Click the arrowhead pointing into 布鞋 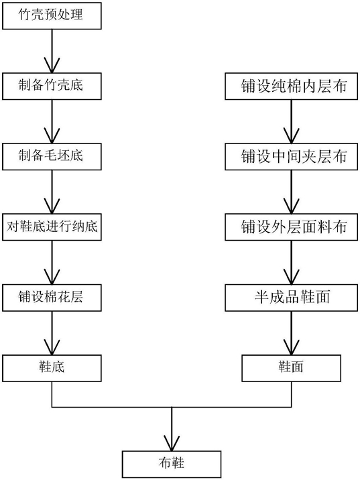[172, 443]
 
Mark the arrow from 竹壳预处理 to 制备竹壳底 [52, 51]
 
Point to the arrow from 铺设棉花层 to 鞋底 [52, 333]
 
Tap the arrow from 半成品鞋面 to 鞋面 [292, 333]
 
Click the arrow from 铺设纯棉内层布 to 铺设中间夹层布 [292, 121]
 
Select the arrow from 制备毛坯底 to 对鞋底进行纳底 [52, 192]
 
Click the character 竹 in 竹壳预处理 [25, 14]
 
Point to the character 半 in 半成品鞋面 [261, 297]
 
